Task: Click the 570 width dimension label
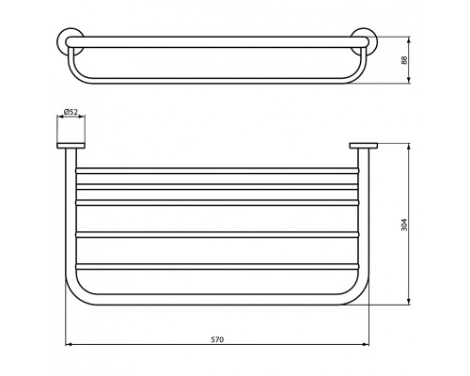point(218,338)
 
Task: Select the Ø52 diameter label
point(70,112)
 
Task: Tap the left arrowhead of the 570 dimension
point(68,345)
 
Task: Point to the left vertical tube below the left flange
point(68,216)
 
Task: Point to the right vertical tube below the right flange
point(366,216)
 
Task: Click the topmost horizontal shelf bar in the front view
point(216,172)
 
